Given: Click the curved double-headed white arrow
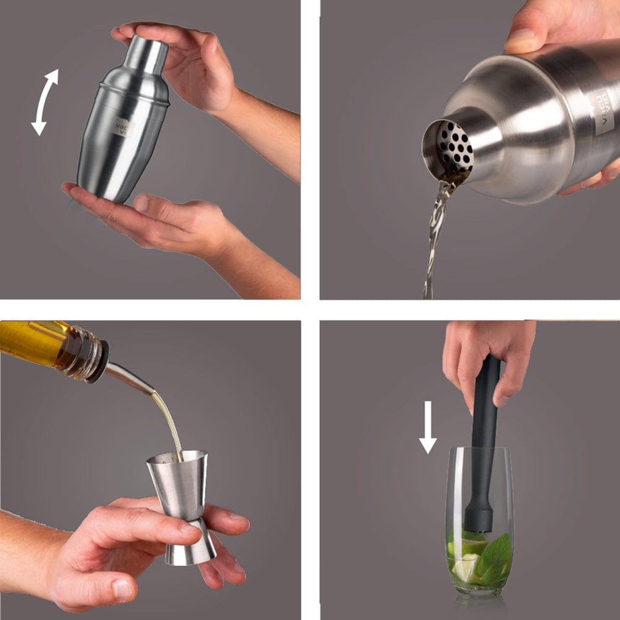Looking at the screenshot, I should click(45, 102).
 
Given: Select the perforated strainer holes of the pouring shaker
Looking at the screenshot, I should click(455, 146).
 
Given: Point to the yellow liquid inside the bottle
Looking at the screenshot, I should click(31, 341).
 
